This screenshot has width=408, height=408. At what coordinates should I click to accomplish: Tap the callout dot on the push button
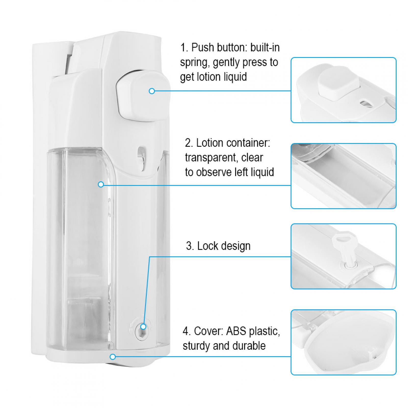pyautogui.click(x=152, y=91)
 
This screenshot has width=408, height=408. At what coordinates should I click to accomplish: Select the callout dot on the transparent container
pyautogui.click(x=101, y=184)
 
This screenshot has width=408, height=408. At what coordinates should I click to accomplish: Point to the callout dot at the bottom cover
pyautogui.click(x=113, y=357)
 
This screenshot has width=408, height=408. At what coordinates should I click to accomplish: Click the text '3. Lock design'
pyautogui.click(x=218, y=246)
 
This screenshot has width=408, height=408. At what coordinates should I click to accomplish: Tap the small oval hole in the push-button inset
pyautogui.click(x=366, y=103)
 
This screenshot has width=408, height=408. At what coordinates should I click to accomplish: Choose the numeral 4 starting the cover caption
pyautogui.click(x=186, y=331)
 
